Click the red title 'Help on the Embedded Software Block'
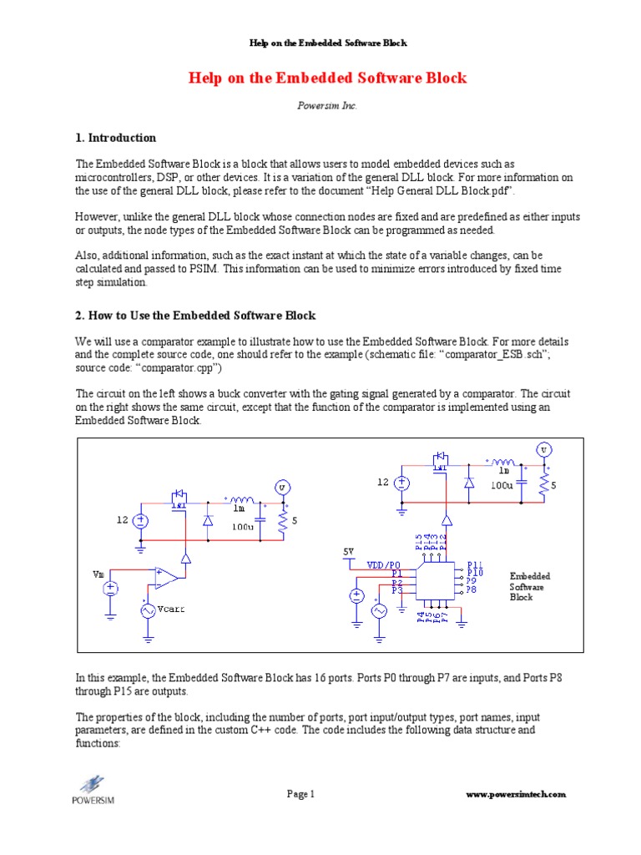pyautogui.click(x=328, y=78)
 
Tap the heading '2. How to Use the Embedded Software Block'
pyautogui.click(x=196, y=315)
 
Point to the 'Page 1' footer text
pyautogui.click(x=300, y=794)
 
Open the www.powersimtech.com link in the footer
pyautogui.click(x=515, y=794)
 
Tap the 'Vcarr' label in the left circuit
pyautogui.click(x=170, y=610)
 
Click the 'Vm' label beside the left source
pyautogui.click(x=98, y=574)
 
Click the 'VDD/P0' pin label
pyautogui.click(x=385, y=565)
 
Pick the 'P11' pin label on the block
pyautogui.click(x=474, y=565)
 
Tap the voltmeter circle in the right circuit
pyautogui.click(x=544, y=450)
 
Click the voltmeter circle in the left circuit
pyautogui.click(x=282, y=487)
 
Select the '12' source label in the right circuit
pyautogui.click(x=382, y=482)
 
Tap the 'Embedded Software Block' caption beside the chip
pyautogui.click(x=530, y=587)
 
